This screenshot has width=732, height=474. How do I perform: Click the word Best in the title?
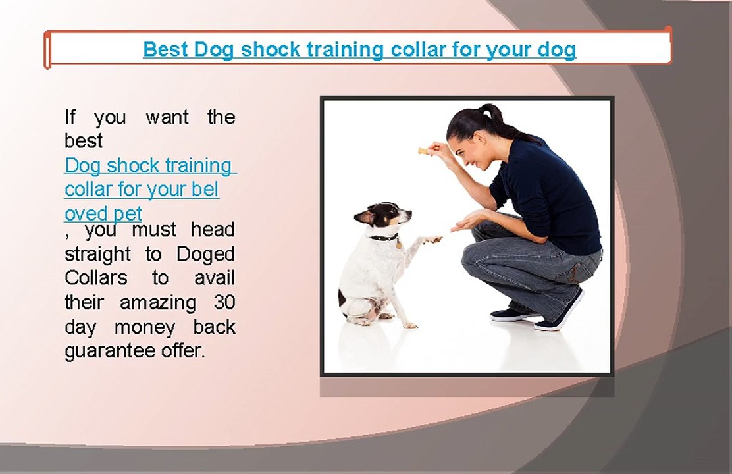166,49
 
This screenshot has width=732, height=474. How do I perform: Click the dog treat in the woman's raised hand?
423,151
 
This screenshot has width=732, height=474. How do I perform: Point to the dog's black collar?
383,237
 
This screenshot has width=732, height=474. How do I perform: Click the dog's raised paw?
432,240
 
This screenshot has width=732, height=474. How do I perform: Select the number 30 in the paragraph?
224,303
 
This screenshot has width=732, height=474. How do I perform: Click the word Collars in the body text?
96,278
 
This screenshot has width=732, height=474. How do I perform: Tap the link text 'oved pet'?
103,214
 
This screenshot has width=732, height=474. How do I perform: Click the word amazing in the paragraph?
158,303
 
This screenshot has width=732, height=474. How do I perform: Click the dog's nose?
409,213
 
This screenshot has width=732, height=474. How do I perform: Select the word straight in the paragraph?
98,254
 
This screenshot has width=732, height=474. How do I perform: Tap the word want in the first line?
167,118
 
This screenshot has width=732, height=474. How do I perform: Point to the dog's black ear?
364,215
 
